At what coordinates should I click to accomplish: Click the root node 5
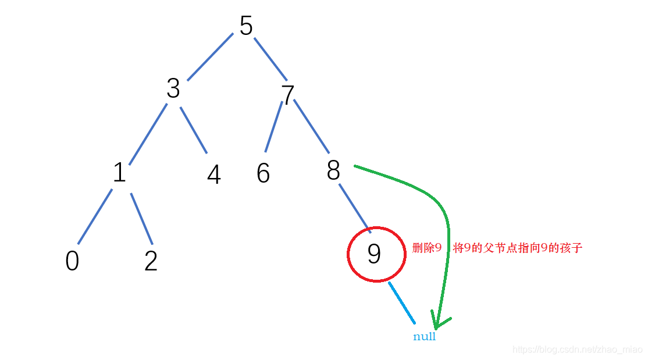[x=246, y=26]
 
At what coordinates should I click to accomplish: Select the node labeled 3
[x=173, y=89]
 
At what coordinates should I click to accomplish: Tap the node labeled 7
[x=287, y=95]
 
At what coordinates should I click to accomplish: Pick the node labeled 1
[x=119, y=173]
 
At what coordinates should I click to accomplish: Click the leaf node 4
[x=214, y=174]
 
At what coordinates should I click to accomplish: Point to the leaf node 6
[x=263, y=173]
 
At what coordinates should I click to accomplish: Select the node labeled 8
[x=333, y=170]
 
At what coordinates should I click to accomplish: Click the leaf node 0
[x=72, y=261]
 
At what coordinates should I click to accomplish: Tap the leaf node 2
[x=151, y=261]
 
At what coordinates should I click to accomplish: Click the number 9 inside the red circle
[x=375, y=254]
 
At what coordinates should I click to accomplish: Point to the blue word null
[x=424, y=337]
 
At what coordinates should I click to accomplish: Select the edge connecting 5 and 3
[x=210, y=56]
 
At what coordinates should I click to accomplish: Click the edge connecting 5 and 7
[x=270, y=59]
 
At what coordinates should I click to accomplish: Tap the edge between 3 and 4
[x=193, y=130]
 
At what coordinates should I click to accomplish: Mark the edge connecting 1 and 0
[x=95, y=216]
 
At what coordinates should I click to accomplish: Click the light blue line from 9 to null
[x=402, y=302]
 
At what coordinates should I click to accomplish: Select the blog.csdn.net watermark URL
[x=576, y=349]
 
